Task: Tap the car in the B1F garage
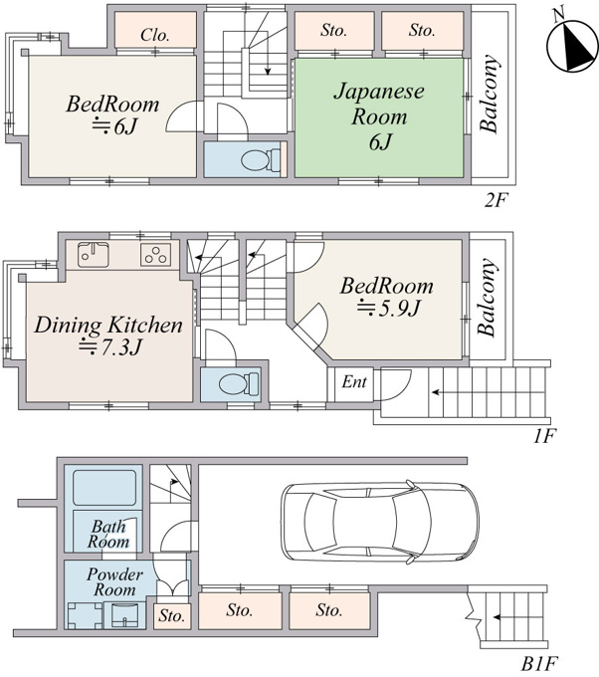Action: (380, 522)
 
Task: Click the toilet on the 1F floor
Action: (239, 384)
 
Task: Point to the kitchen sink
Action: (94, 255)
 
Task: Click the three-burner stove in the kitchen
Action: (156, 254)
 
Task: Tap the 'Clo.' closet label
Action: (154, 35)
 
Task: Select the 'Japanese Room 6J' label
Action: (379, 116)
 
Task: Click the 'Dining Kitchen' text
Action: (108, 326)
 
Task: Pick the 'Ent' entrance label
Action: (354, 381)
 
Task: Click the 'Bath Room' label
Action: (108, 534)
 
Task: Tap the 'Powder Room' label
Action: (114, 582)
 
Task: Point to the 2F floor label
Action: (497, 200)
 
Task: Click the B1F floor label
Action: (539, 663)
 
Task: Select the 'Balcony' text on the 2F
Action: (490, 94)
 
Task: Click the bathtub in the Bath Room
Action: (104, 488)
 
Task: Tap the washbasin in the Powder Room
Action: (124, 615)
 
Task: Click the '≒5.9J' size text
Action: (388, 308)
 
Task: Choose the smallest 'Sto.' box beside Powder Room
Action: (172, 615)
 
